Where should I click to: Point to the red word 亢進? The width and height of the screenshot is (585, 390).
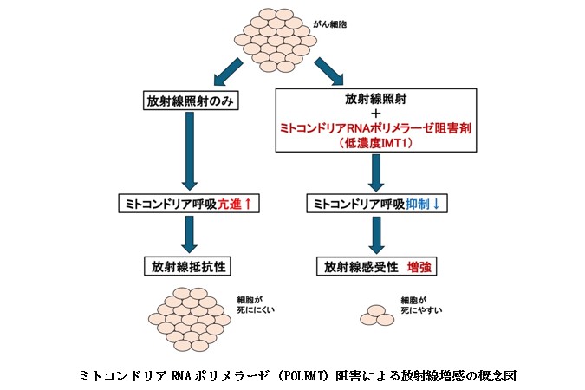tap(237, 205)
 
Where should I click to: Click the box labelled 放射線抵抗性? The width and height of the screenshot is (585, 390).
tap(192, 265)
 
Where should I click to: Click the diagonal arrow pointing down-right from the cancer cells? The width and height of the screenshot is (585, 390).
tap(329, 66)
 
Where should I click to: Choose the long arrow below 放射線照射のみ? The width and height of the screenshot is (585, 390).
tap(191, 152)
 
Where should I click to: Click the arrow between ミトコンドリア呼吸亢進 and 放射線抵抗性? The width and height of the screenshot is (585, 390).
tap(191, 234)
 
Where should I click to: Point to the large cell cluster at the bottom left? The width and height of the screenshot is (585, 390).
tap(192, 317)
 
